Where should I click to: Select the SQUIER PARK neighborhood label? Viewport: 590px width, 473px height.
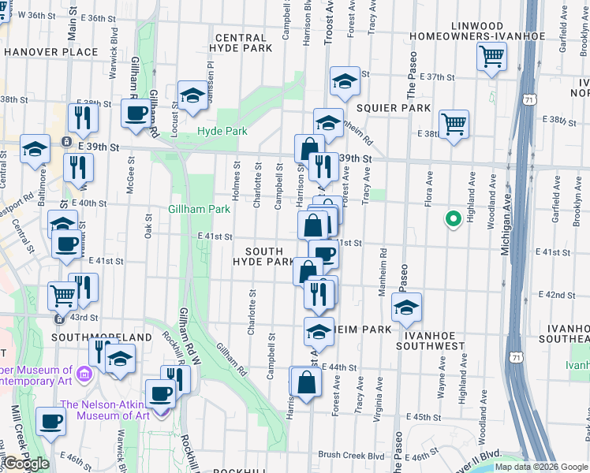pyautogui.click(x=394, y=107)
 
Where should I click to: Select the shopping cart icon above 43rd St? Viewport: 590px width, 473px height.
pyautogui.click(x=62, y=296)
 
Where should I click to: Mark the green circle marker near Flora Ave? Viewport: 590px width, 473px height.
pyautogui.click(x=454, y=218)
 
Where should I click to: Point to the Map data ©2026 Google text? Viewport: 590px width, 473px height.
pyautogui.click(x=541, y=467)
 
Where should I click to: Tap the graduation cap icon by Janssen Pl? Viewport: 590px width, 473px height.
pyautogui.click(x=192, y=96)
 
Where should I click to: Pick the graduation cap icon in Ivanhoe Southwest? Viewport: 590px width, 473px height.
pyautogui.click(x=406, y=308)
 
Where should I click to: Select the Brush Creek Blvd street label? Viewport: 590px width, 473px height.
pyautogui.click(x=351, y=455)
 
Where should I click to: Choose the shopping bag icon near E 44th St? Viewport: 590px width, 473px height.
pyautogui.click(x=306, y=382)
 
